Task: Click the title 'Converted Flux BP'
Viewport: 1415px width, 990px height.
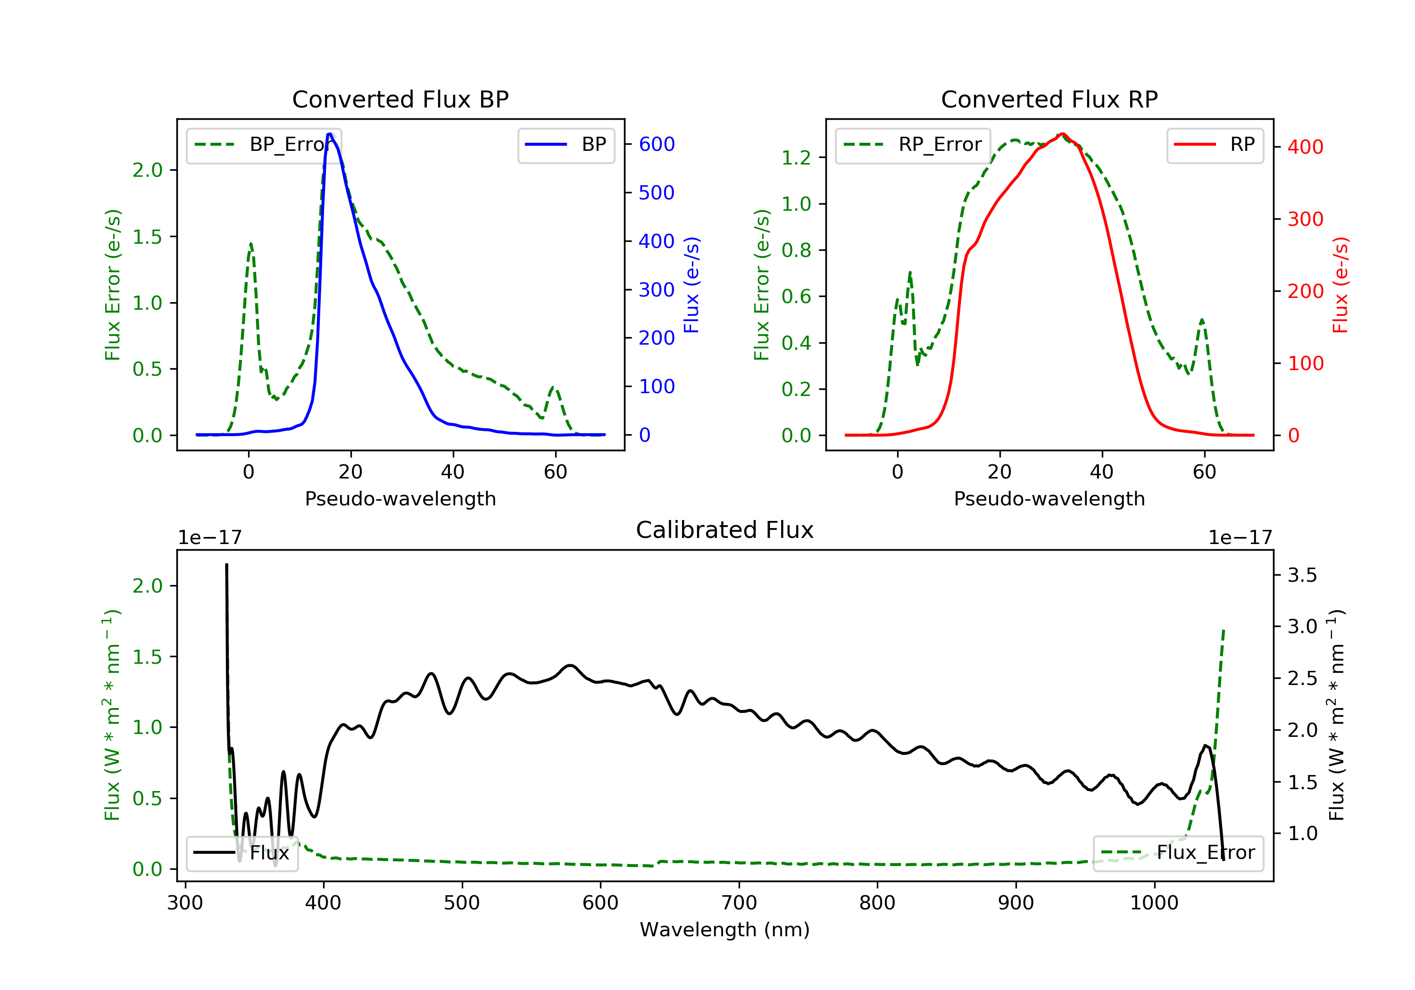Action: [x=400, y=99]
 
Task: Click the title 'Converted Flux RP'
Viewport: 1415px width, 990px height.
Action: [x=1049, y=99]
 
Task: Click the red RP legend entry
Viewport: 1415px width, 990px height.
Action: [x=1214, y=145]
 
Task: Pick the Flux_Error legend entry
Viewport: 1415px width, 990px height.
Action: [x=1177, y=853]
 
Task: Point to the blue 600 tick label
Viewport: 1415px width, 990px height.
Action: [x=657, y=144]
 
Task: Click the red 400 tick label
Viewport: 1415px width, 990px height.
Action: [x=1305, y=147]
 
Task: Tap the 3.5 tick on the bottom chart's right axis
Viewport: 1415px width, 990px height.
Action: [x=1302, y=576]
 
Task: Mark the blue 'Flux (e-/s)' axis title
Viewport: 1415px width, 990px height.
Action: [x=691, y=285]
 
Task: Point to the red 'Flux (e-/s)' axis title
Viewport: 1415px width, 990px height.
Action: [x=1340, y=285]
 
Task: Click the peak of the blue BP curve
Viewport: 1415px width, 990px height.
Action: [x=330, y=134]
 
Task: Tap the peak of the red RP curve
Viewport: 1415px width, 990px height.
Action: [x=1061, y=134]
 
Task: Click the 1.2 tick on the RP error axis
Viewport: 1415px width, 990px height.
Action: [x=796, y=158]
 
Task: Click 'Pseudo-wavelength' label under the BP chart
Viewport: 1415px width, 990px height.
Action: [x=400, y=498]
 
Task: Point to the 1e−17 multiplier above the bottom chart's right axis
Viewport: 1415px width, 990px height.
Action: [x=1240, y=538]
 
